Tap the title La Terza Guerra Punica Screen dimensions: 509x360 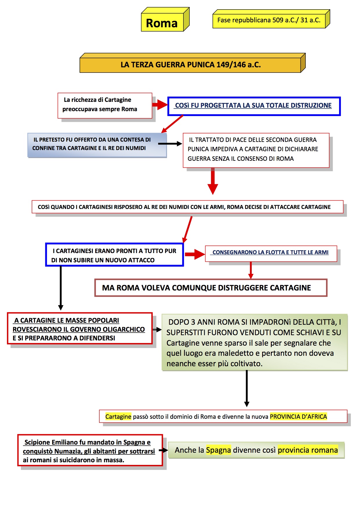pyautogui.click(x=190, y=64)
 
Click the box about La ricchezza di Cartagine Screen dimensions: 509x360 pyautogui.click(x=105, y=105)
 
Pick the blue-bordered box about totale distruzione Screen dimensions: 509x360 pyautogui.click(x=253, y=106)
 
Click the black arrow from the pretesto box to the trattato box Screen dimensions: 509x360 pyautogui.click(x=170, y=144)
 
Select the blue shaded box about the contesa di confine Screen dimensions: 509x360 pyautogui.click(x=97, y=145)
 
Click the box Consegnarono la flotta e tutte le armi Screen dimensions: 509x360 pyautogui.click(x=271, y=253)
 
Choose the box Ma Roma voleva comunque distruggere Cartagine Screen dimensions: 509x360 pyautogui.click(x=211, y=288)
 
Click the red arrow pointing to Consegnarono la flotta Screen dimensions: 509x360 pyautogui.click(x=195, y=254)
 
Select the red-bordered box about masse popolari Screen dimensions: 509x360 pyautogui.click(x=80, y=329)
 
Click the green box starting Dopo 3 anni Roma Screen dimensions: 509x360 pyautogui.click(x=254, y=342)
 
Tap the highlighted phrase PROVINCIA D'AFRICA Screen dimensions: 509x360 pyautogui.click(x=298, y=417)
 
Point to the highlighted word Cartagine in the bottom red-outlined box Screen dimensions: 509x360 pyautogui.click(x=118, y=417)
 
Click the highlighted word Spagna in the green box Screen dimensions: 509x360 pyautogui.click(x=218, y=450)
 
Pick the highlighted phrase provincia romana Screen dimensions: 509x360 pyautogui.click(x=308, y=450)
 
